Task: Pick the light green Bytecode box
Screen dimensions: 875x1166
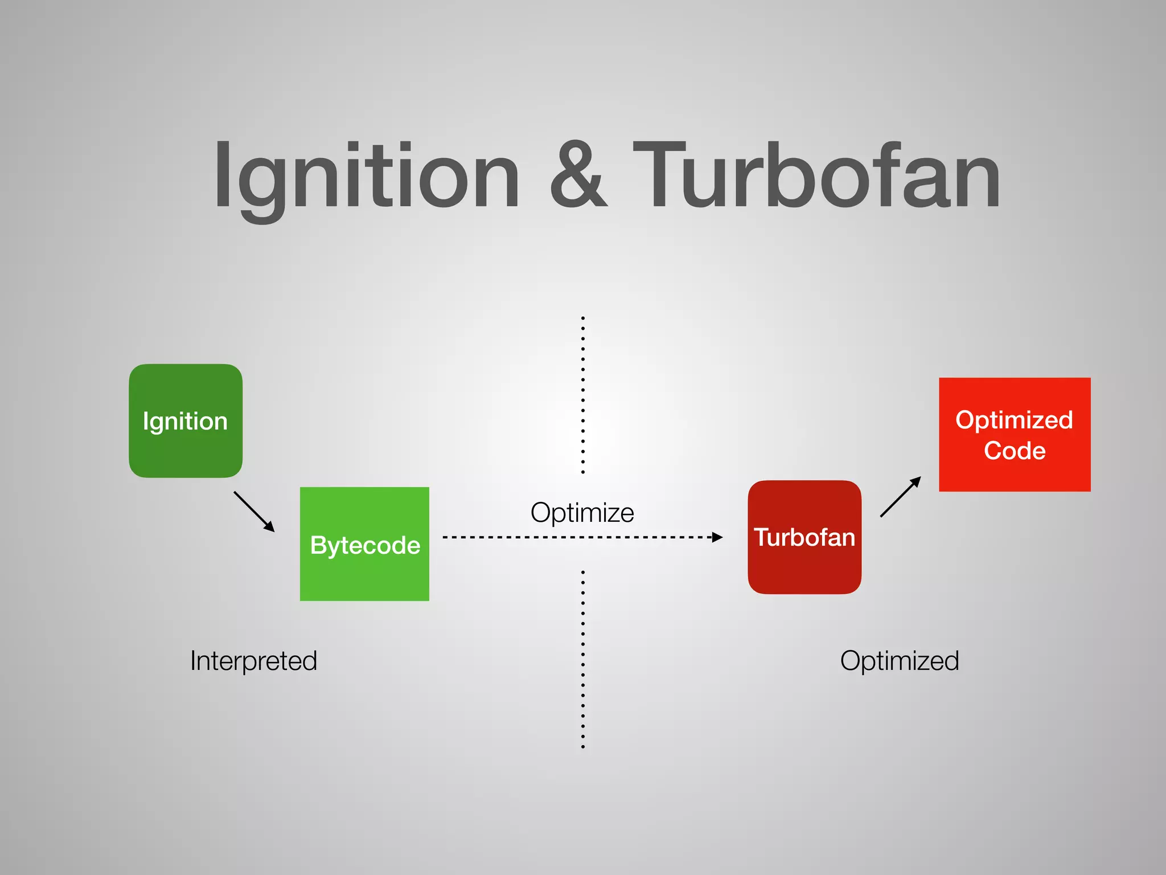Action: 364,575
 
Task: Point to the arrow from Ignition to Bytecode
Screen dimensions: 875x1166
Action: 254,511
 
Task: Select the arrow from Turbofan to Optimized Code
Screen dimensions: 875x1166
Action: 900,497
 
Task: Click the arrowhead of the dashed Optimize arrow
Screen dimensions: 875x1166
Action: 718,537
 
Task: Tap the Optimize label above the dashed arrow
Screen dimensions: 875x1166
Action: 582,512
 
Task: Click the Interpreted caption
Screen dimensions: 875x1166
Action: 253,661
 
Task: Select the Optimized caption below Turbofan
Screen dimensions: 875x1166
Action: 900,661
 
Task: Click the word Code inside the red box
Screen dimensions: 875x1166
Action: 1015,451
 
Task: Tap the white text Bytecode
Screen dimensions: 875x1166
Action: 365,545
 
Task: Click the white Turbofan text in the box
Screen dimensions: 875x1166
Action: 804,537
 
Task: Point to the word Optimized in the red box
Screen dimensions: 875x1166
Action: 1014,420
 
